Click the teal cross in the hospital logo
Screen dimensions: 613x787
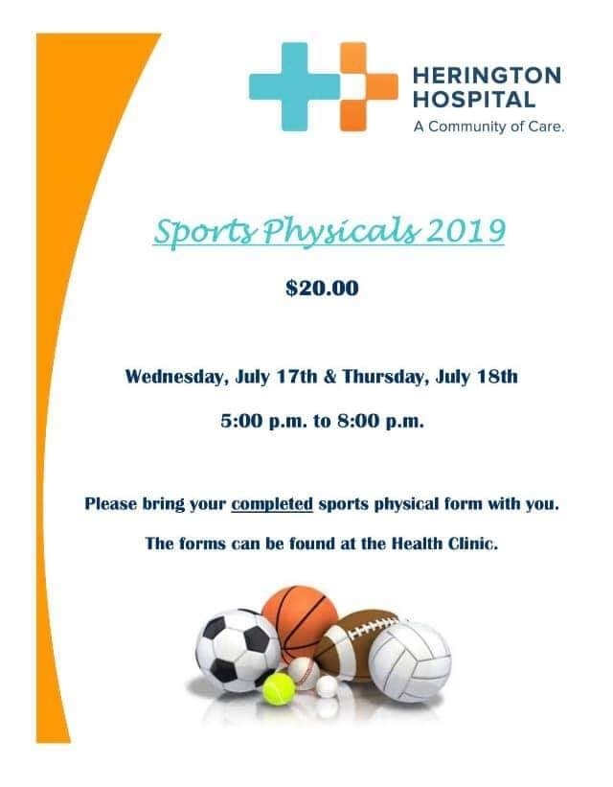[x=294, y=87]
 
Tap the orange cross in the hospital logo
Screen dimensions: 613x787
[x=369, y=87]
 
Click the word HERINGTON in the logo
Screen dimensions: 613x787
[x=487, y=76]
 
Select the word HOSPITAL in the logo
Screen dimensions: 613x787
[x=474, y=100]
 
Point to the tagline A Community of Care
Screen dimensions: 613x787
[x=489, y=127]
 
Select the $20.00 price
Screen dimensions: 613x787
[x=322, y=289]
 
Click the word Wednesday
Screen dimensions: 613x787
[x=174, y=377]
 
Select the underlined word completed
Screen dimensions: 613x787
[x=272, y=504]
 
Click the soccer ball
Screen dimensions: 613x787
[x=238, y=651]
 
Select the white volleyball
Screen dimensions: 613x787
[x=410, y=662]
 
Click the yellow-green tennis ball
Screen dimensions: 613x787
[x=279, y=689]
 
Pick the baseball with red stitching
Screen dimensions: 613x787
[x=304, y=673]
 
